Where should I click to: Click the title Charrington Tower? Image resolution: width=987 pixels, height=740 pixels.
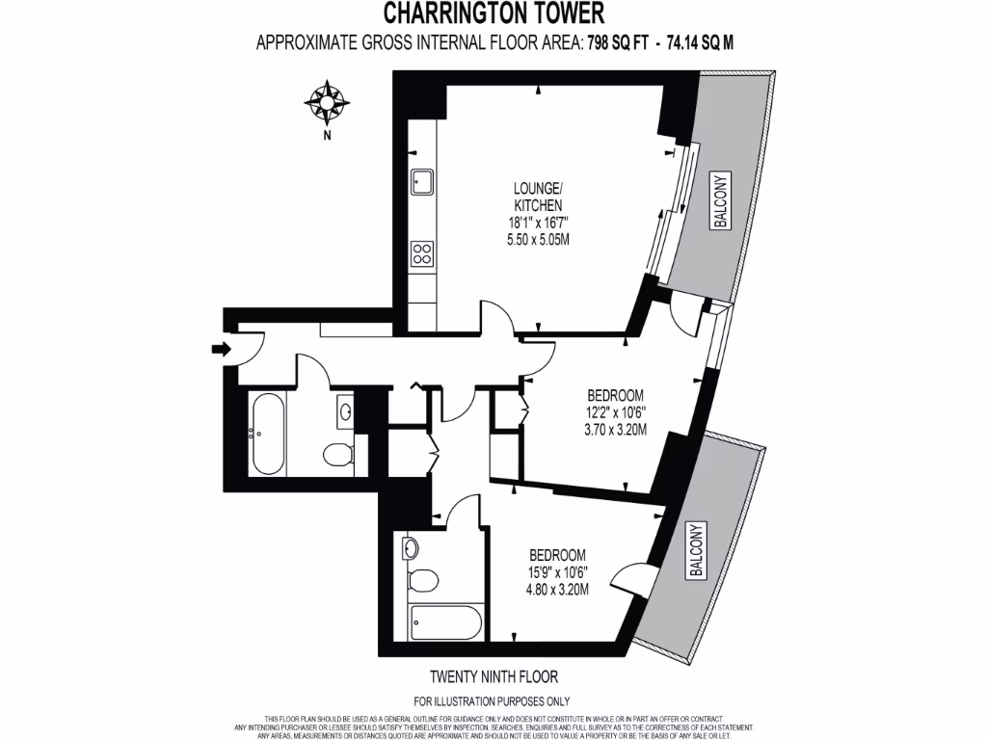pyautogui.click(x=494, y=13)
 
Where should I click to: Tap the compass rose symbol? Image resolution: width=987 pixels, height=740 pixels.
pyautogui.click(x=327, y=102)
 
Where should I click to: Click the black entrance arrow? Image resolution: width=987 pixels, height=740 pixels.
pyautogui.click(x=221, y=350)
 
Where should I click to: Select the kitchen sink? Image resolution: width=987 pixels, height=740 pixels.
pyautogui.click(x=422, y=180)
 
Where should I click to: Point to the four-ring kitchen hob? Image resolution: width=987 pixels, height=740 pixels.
pyautogui.click(x=422, y=253)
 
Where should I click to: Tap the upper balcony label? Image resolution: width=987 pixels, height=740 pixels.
pyautogui.click(x=720, y=201)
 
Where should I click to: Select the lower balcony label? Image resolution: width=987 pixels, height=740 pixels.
pyautogui.click(x=696, y=550)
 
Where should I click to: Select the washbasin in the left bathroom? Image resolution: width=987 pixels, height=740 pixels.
pyautogui.click(x=345, y=413)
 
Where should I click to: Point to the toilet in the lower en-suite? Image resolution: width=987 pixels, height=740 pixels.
pyautogui.click(x=420, y=580)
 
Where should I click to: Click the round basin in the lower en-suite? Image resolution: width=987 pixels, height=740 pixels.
pyautogui.click(x=410, y=548)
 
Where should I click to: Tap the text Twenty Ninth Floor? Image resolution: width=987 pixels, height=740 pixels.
pyautogui.click(x=493, y=677)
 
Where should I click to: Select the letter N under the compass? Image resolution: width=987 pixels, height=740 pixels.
pyautogui.click(x=328, y=136)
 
